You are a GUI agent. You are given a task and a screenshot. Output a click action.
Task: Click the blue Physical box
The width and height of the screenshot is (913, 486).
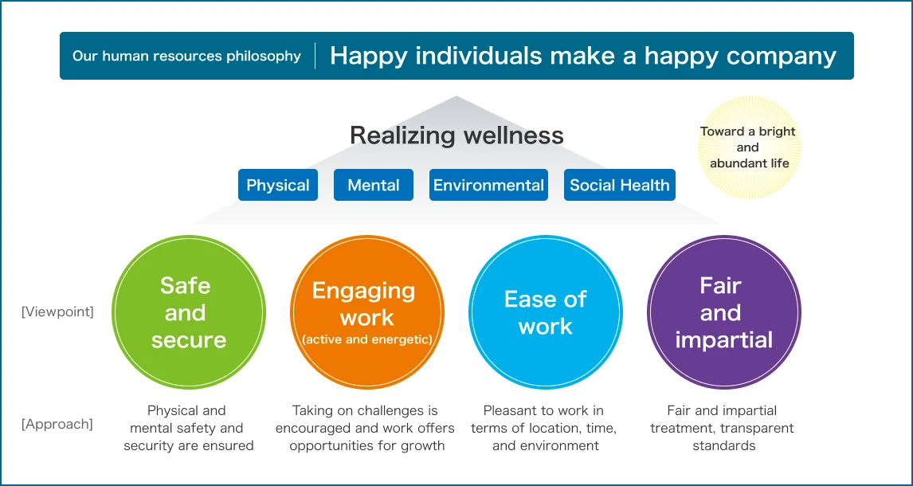[x=278, y=185]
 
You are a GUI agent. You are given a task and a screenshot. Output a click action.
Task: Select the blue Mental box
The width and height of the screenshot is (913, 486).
[x=373, y=185]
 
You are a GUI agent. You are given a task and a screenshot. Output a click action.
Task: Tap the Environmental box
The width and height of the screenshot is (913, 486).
[x=488, y=185]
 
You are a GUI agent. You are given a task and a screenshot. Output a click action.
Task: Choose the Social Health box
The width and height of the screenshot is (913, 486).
[x=620, y=185]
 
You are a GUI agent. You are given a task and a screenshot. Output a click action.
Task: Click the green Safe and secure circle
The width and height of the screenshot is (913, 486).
[x=188, y=312]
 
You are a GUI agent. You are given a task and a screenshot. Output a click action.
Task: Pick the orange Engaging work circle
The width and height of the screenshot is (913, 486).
[x=366, y=312]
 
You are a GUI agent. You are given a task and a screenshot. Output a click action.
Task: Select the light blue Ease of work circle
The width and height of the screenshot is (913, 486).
[x=546, y=312]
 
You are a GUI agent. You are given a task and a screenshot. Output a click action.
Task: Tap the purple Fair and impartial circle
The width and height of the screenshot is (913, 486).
[x=724, y=312]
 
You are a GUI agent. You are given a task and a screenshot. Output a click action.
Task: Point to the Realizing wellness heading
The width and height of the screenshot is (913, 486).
[x=457, y=135]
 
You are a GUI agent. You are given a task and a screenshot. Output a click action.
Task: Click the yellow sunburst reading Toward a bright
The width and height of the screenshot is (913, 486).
[x=749, y=147]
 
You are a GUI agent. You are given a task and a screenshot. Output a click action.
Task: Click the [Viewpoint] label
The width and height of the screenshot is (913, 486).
[x=57, y=312]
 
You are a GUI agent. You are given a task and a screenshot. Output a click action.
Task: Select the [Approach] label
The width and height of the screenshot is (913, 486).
[x=57, y=424]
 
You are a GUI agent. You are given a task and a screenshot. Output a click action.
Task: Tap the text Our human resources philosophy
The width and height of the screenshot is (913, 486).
[x=187, y=57]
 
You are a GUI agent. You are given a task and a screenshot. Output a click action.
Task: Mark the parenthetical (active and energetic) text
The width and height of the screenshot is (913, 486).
[x=366, y=339]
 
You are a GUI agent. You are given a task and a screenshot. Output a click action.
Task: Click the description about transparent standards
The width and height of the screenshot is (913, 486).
[x=722, y=429]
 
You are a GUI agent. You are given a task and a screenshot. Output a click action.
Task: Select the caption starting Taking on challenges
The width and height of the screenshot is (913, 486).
[x=365, y=429]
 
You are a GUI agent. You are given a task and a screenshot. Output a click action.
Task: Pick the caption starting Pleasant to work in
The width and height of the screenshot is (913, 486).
[x=544, y=429]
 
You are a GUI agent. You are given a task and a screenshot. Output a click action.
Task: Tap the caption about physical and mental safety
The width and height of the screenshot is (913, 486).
[x=188, y=429]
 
